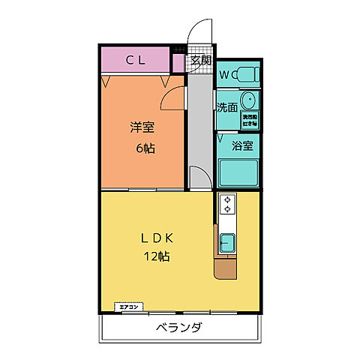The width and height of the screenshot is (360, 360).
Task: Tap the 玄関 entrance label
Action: point(200,61)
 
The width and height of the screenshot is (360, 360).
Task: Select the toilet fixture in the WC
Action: point(246,75)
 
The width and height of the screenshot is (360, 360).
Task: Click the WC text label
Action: point(225,74)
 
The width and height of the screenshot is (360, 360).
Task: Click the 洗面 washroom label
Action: point(227,107)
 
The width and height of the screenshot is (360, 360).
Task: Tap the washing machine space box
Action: point(248,118)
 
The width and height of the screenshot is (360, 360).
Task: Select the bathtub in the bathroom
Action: point(238,172)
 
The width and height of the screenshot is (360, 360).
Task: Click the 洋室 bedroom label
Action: point(142,127)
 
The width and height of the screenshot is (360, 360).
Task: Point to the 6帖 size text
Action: point(145,148)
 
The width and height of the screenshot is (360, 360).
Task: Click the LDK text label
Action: point(157,238)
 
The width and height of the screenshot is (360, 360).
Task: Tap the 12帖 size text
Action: point(157,256)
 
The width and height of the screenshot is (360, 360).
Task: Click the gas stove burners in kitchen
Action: point(227,205)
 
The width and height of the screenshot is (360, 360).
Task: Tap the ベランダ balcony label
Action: point(178,328)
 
